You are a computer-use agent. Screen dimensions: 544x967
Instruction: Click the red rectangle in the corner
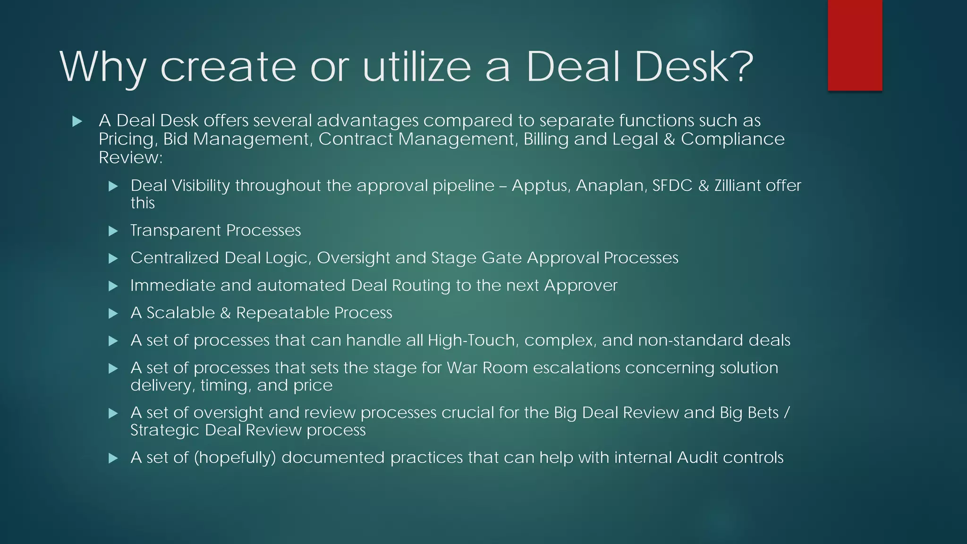[855, 45]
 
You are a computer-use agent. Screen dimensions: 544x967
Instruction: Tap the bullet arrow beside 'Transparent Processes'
[113, 231]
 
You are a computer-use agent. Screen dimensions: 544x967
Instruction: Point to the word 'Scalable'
[180, 313]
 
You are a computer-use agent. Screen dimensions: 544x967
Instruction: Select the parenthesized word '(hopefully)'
[235, 458]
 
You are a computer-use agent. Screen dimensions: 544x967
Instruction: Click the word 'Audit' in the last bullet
[697, 457]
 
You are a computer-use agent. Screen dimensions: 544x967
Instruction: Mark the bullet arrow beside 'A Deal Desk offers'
[77, 121]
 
